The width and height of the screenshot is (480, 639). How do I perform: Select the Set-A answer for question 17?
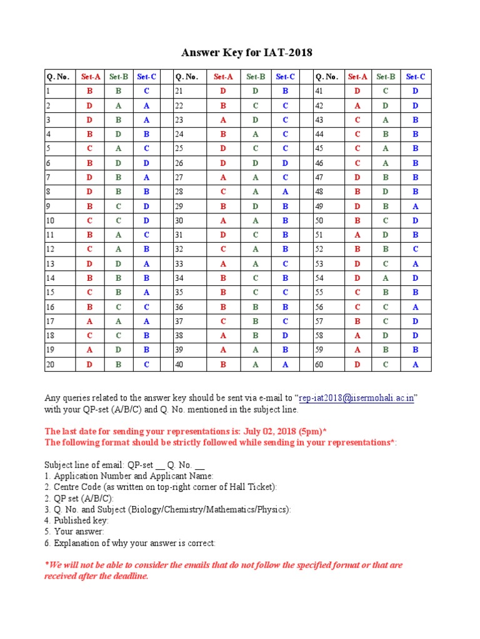click(90, 321)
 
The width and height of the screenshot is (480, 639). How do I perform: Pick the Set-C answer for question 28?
click(285, 192)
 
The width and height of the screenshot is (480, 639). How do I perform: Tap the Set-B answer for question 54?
click(386, 278)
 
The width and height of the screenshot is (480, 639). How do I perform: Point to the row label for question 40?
click(179, 364)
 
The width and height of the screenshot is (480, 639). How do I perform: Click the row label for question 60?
click(319, 364)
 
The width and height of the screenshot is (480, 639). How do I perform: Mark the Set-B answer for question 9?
click(118, 206)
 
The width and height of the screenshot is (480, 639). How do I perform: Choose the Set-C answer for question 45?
click(415, 149)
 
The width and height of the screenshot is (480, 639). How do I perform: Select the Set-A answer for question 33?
click(223, 263)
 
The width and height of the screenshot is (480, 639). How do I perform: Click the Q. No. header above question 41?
click(327, 77)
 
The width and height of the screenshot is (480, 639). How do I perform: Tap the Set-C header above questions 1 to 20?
click(146, 77)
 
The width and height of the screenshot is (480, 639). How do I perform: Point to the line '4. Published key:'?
click(76, 520)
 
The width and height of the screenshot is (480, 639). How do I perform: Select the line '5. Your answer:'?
click(74, 532)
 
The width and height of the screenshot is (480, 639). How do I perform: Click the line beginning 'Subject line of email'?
click(125, 464)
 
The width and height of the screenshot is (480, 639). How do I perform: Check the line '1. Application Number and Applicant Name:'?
click(129, 476)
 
